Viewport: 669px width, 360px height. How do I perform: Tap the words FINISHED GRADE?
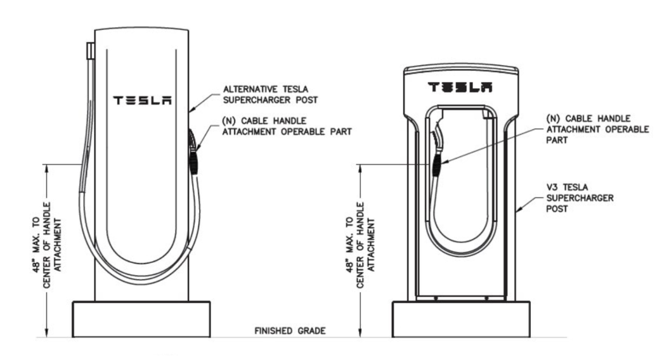pyautogui.click(x=290, y=330)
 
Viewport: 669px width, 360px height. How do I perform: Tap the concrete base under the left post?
pyautogui.click(x=142, y=320)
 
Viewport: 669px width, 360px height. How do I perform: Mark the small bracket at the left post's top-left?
pyautogui.click(x=90, y=49)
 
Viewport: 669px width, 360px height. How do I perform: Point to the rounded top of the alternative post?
pyautogui.click(x=142, y=32)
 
